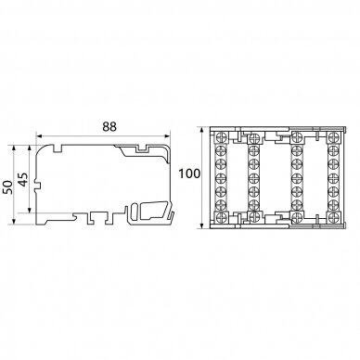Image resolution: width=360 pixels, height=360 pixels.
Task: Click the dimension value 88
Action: pos(109,126)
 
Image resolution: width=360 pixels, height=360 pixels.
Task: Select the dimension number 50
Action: pos(8,186)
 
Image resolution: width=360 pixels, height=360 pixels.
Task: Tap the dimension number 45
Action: pos(23,179)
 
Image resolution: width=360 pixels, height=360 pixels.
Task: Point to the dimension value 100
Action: pos(189,174)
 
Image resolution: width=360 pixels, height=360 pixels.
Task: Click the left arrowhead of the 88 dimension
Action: pos(39,135)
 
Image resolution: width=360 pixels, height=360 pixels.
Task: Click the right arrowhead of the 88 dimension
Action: pos(167,135)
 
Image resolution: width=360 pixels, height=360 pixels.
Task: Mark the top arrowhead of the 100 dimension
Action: pos(202,130)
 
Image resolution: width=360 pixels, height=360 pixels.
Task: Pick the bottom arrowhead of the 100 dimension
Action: pos(202,225)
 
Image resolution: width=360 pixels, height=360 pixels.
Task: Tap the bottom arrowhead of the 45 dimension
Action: pos(30,210)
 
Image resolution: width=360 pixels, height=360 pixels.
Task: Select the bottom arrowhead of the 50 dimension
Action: pos(14,221)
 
